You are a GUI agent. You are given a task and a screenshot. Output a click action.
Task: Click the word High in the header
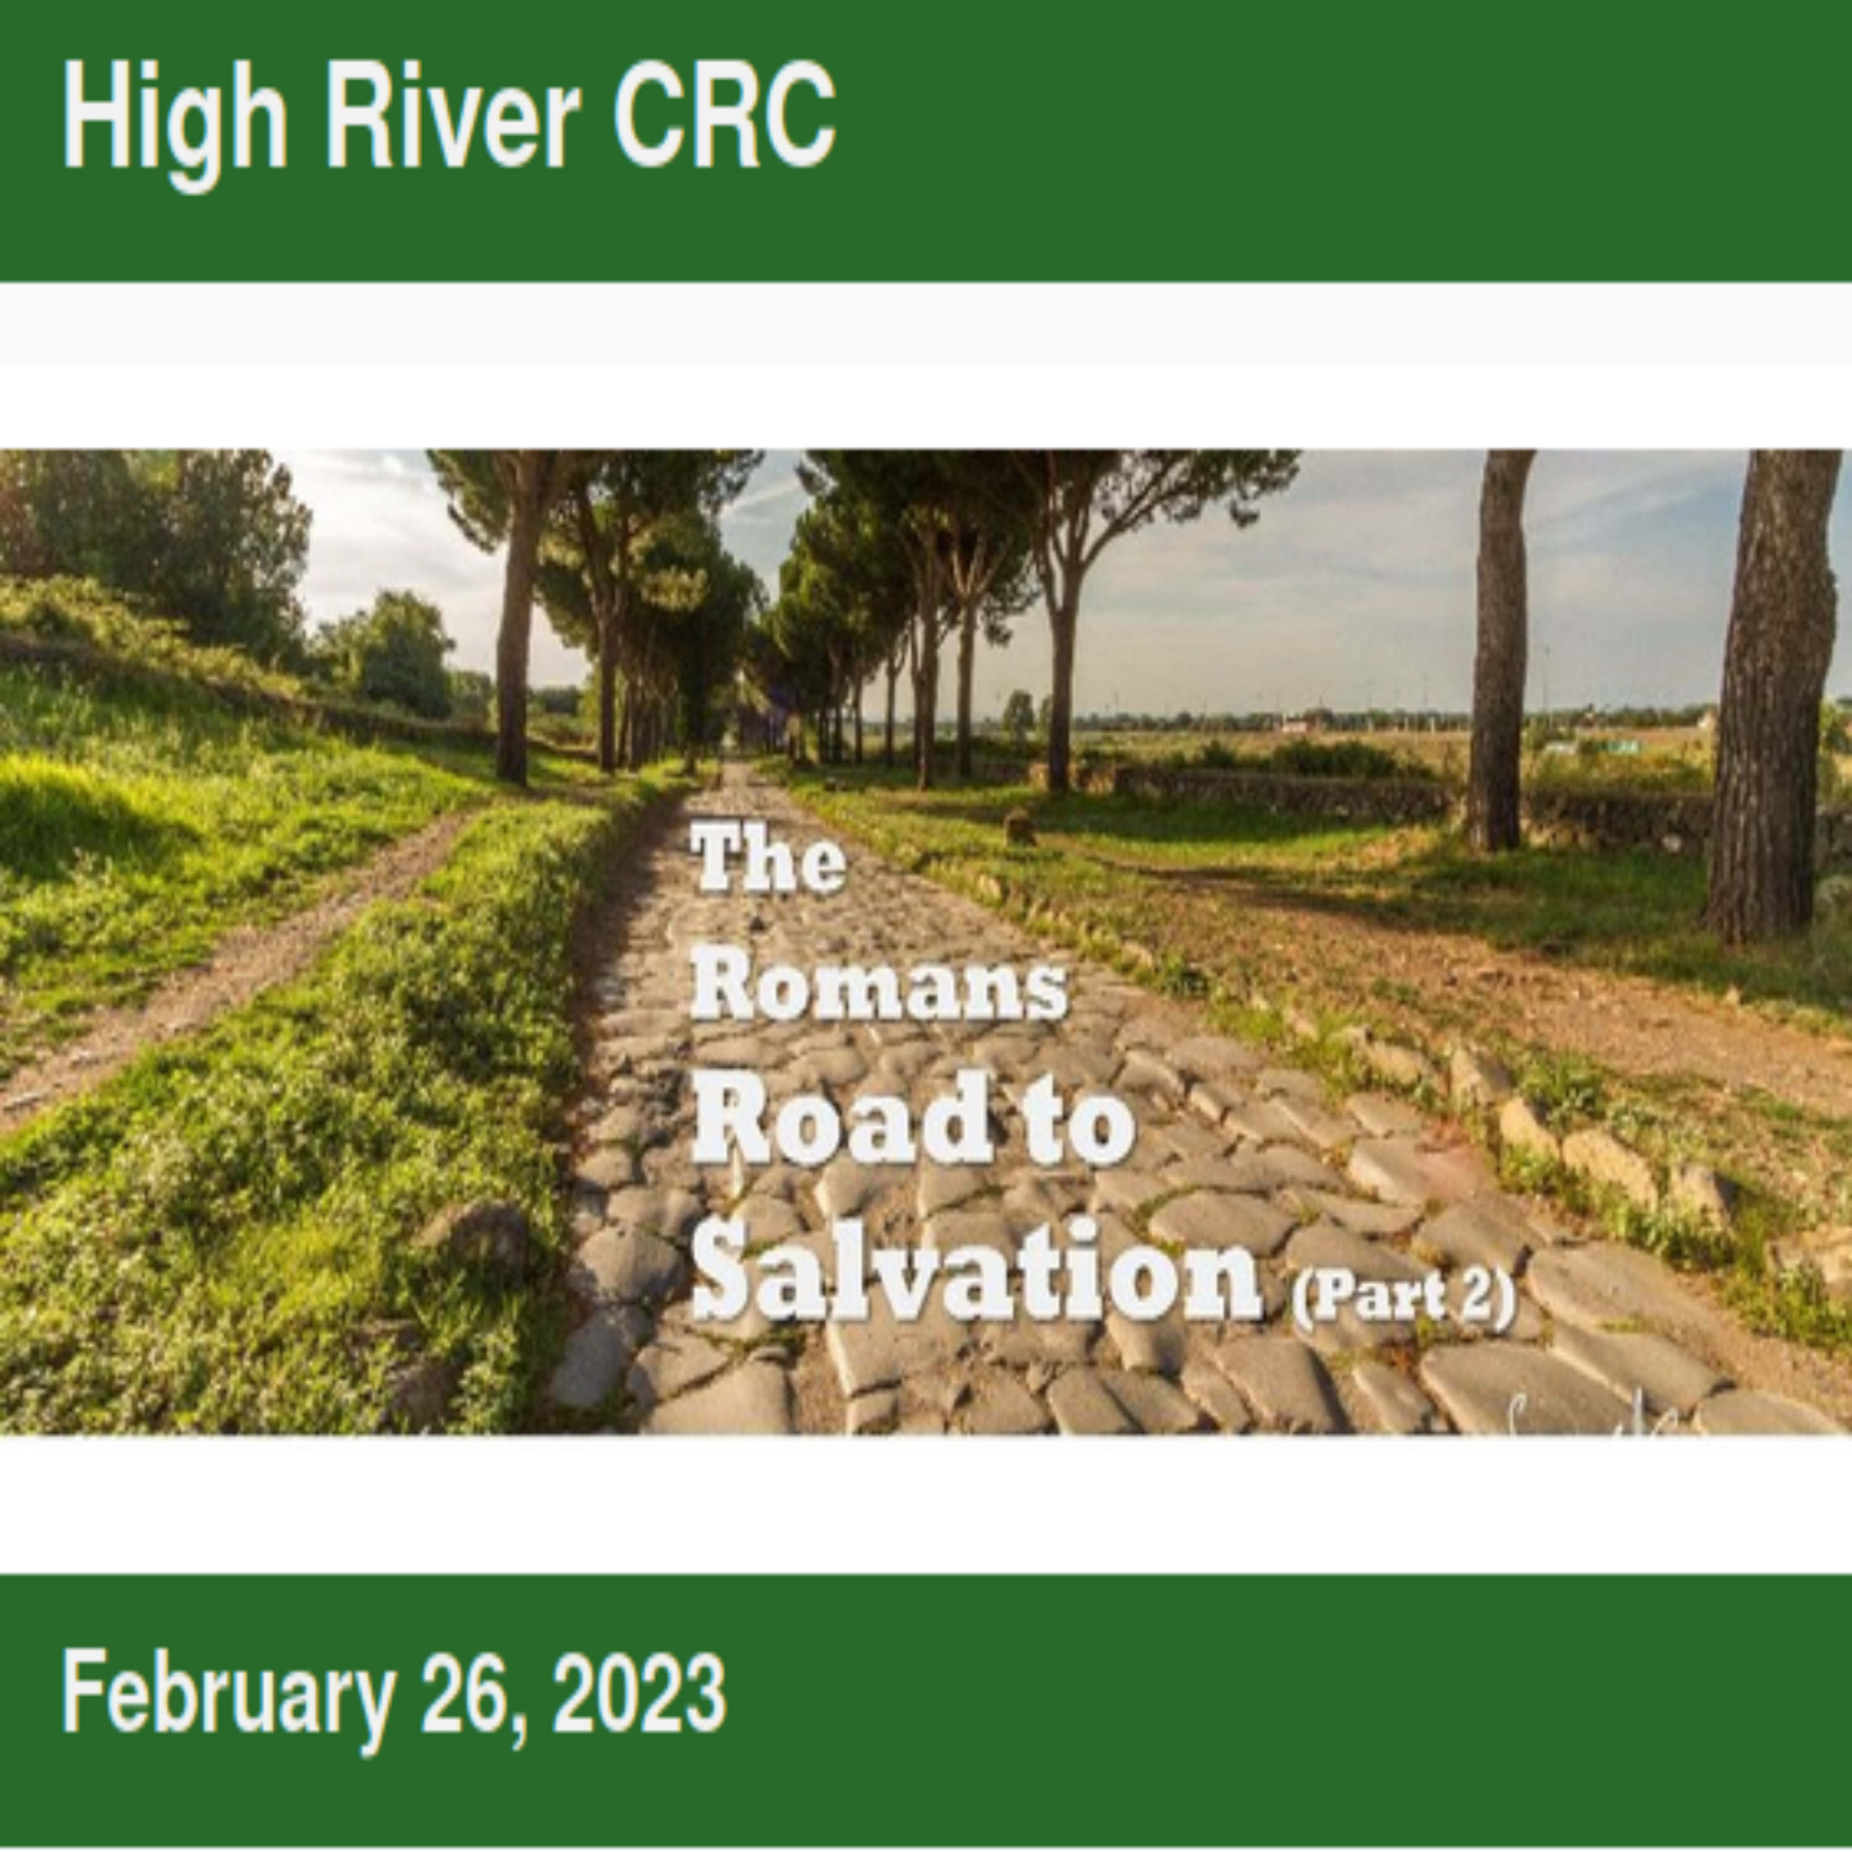(x=175, y=125)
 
